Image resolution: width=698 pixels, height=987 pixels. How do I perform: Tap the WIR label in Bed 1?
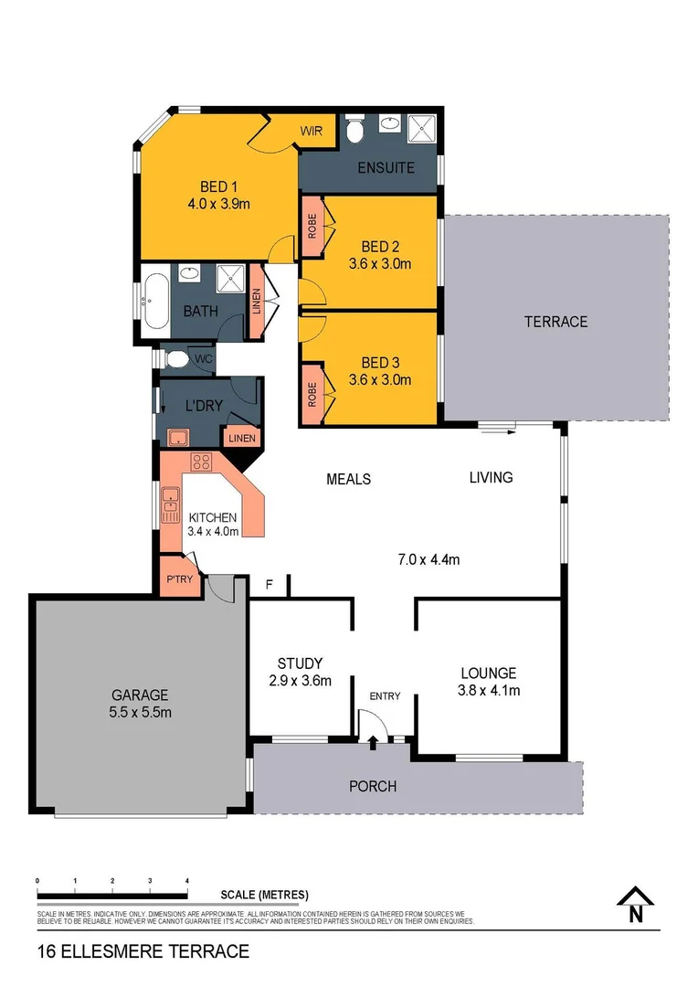312,131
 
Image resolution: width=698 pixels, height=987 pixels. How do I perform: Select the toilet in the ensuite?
354,130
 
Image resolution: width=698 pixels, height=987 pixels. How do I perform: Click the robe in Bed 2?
312,228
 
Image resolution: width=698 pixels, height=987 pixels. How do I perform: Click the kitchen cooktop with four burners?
201,462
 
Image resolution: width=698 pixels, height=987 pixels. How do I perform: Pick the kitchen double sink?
171,504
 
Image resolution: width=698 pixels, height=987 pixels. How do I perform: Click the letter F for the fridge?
269,584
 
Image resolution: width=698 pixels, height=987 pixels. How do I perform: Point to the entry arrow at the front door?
373,744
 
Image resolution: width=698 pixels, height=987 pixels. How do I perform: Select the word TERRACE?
555,322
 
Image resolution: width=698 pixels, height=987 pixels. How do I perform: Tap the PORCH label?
373,786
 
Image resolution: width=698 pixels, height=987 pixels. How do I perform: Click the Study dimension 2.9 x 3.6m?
300,680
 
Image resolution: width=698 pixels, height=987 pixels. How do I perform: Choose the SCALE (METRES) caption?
264,895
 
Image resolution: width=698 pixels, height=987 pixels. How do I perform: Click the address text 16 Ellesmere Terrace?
143,951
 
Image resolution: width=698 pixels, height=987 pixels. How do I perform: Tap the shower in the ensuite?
423,130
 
